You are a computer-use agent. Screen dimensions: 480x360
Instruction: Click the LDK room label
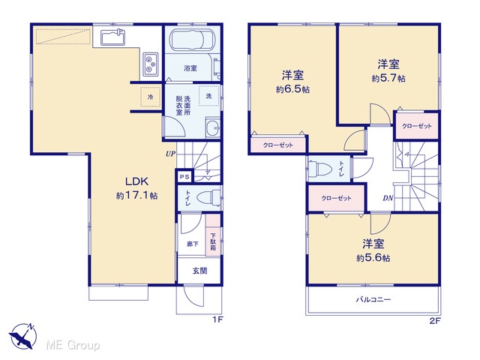point(136,181)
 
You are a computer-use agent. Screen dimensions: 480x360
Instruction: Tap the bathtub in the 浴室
point(192,40)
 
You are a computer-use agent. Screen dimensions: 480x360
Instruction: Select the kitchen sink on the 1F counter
point(113,37)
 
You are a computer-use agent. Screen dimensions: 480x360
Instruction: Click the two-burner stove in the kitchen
point(151,64)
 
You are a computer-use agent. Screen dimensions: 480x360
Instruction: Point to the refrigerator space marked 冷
point(151,97)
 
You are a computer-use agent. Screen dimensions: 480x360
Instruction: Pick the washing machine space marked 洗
point(208,96)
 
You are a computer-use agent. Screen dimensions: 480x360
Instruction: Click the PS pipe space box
point(184,177)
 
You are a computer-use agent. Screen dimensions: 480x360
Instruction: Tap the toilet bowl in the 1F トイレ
point(208,198)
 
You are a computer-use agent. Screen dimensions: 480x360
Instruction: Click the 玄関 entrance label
point(199,271)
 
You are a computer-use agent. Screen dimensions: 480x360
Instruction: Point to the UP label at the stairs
point(170,154)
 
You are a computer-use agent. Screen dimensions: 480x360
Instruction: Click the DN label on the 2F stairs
point(388,198)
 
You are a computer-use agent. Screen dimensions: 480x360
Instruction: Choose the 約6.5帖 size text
point(292,89)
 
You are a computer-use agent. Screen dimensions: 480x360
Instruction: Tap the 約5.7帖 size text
point(388,79)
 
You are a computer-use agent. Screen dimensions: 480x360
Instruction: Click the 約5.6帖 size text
point(373,258)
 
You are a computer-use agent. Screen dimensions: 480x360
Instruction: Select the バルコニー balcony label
point(373,299)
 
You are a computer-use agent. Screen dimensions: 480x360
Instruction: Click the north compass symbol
point(22,336)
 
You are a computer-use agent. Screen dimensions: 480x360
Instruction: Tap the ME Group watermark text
point(73,345)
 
